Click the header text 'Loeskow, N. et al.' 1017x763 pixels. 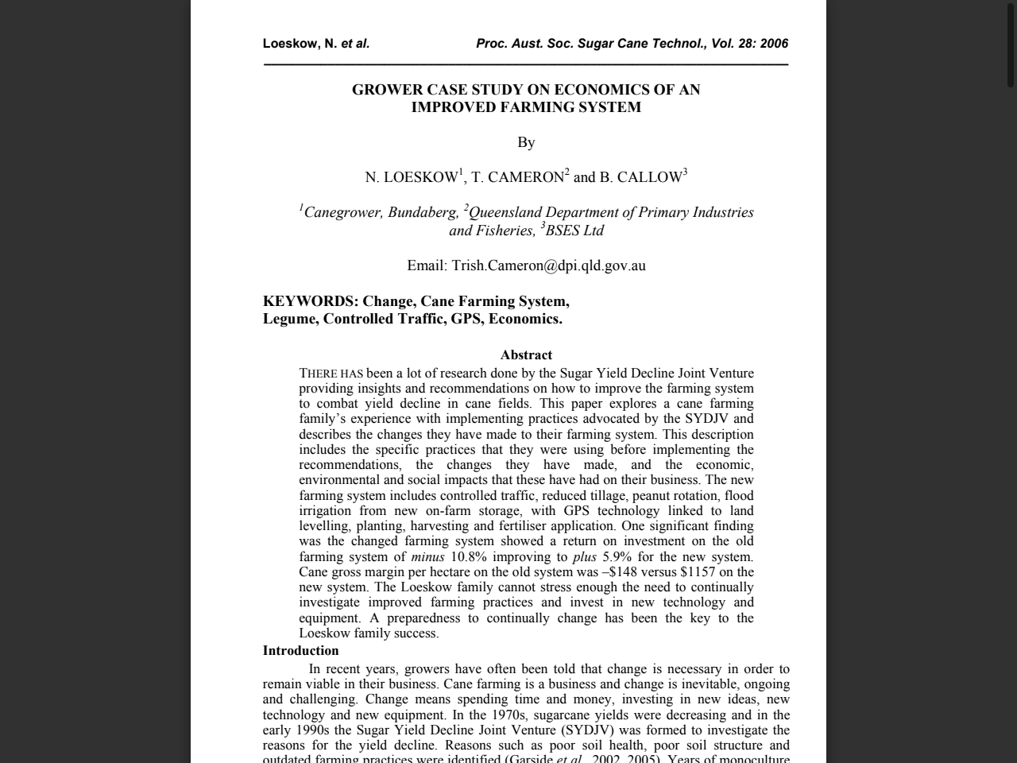pos(316,44)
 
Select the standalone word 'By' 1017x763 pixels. pos(526,142)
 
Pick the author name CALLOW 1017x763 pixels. pos(649,177)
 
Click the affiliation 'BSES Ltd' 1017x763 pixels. pos(574,230)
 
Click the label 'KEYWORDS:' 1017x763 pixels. pos(310,301)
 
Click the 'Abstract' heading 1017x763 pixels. pos(526,355)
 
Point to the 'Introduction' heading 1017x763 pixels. pos(300,650)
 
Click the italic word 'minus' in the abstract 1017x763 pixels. pos(427,557)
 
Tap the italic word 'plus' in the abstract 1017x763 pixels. pos(584,557)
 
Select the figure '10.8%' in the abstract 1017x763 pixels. pos(468,557)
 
